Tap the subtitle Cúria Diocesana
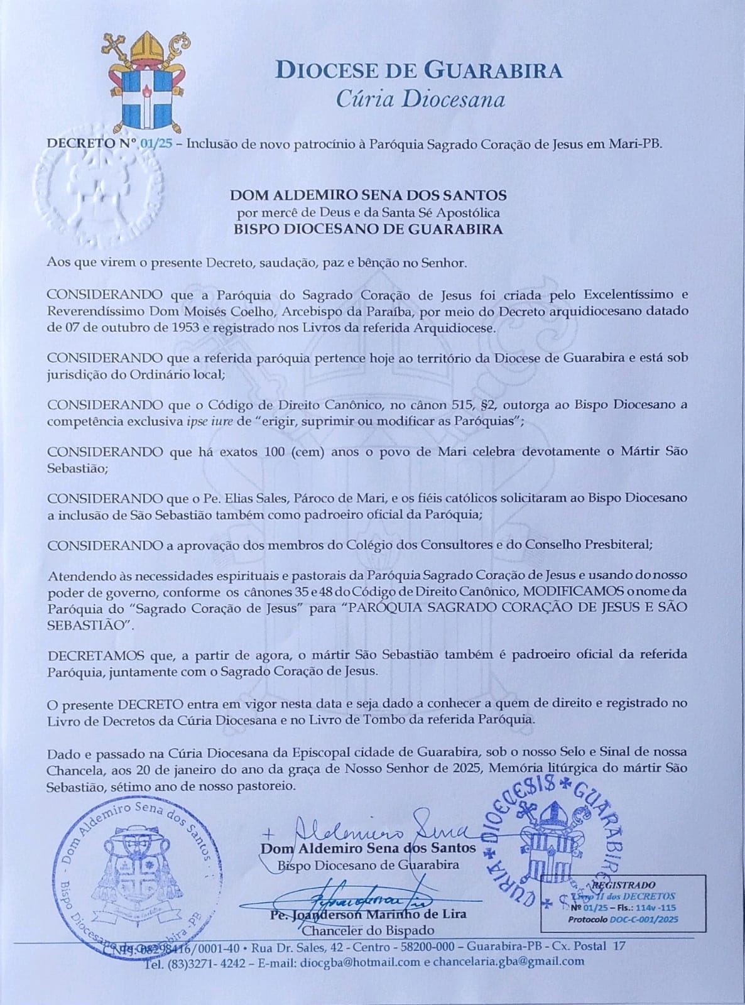[x=420, y=99]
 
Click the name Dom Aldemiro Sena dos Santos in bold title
[x=368, y=195]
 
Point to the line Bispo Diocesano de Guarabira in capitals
[x=368, y=229]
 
